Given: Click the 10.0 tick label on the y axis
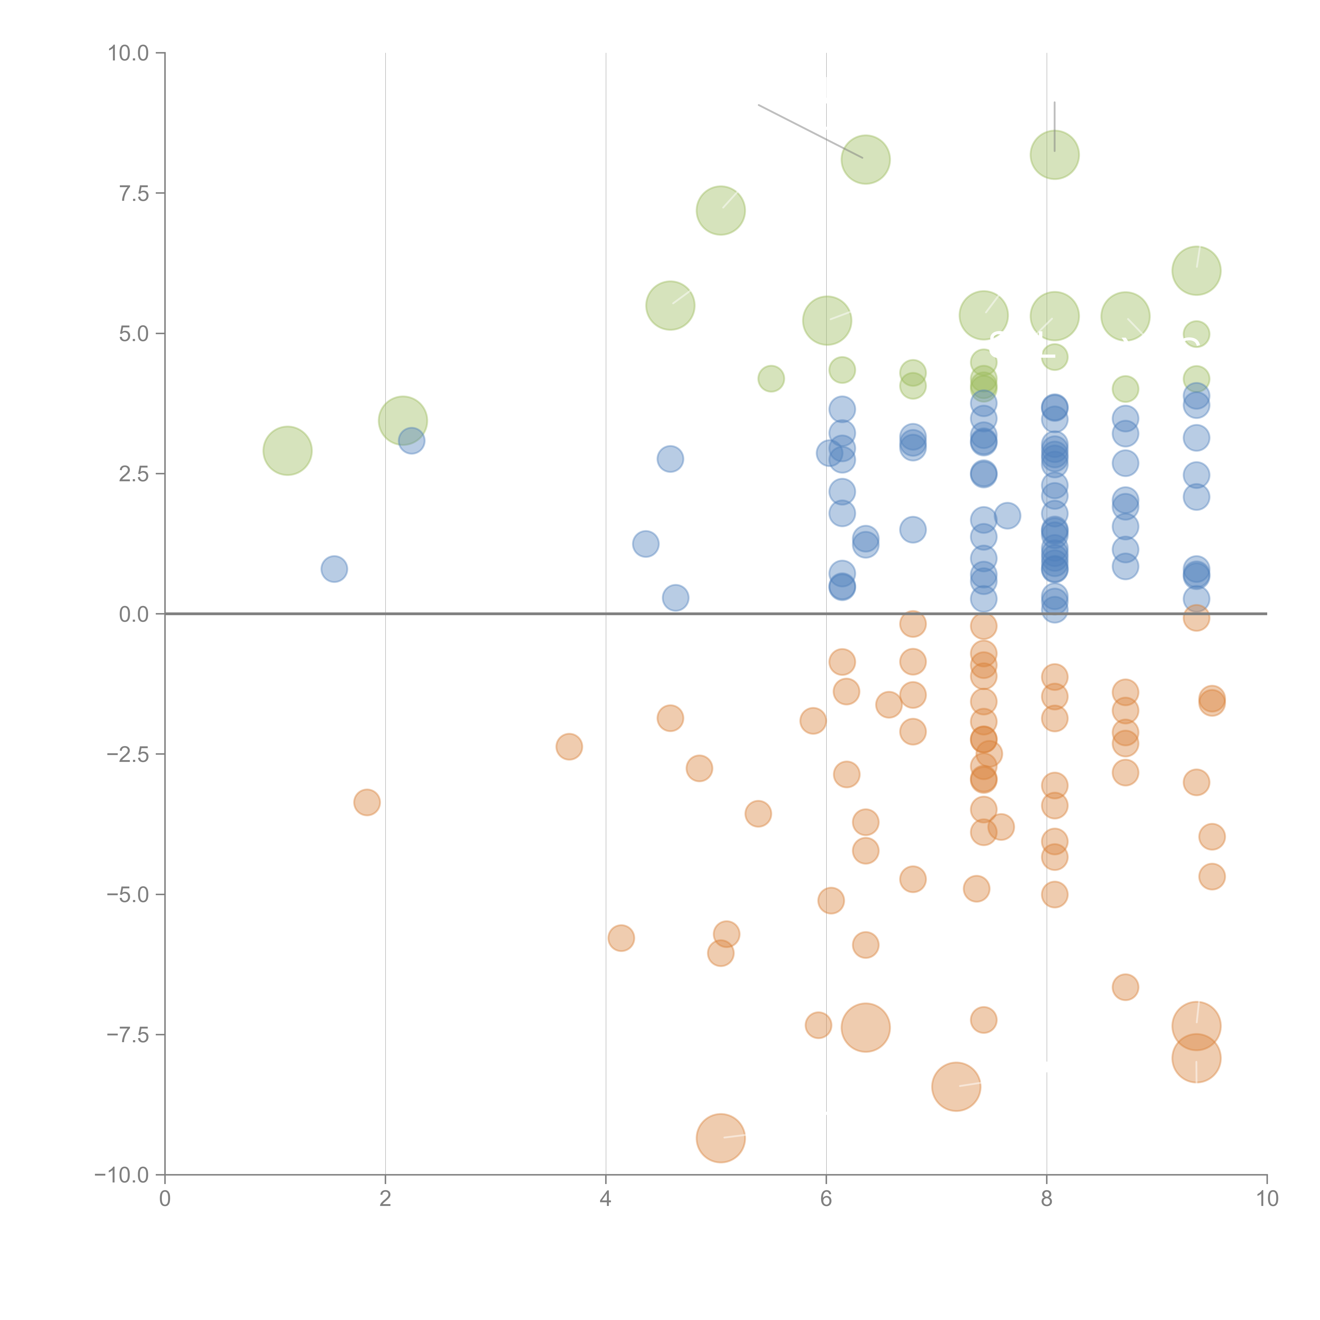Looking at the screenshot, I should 129,53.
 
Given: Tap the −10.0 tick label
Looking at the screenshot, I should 122,1175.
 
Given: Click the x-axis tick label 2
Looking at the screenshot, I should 385,1199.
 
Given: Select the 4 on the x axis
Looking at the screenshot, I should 605,1199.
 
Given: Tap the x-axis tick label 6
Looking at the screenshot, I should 826,1199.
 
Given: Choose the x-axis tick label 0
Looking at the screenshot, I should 165,1199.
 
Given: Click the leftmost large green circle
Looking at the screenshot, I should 288,450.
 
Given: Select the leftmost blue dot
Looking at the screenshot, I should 334,568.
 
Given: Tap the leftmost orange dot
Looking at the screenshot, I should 367,802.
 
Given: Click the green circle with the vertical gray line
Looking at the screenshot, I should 1054,155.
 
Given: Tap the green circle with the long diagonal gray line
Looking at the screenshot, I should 866,159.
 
